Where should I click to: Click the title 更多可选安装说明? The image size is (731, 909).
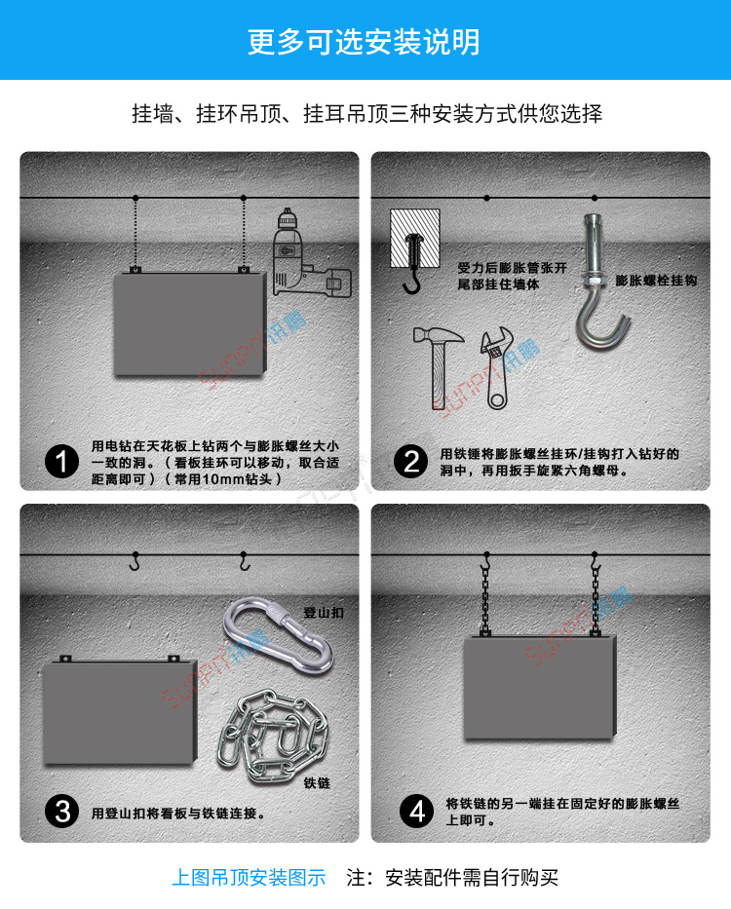pos(365,42)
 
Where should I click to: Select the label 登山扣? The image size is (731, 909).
pos(324,613)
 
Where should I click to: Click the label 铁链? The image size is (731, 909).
pos(317,782)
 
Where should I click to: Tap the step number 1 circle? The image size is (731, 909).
pos(62,462)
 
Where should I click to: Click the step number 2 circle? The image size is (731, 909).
pos(412,462)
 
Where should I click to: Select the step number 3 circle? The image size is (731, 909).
pos(62,811)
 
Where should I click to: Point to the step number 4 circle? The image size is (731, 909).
pos(417,811)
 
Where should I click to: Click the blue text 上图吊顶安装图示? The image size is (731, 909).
pos(249,878)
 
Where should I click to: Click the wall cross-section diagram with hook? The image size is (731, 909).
pos(416,243)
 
